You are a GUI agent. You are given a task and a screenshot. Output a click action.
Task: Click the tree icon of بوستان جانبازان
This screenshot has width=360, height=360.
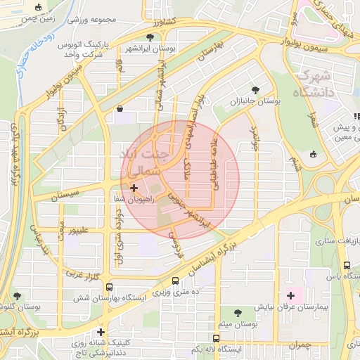(255, 90)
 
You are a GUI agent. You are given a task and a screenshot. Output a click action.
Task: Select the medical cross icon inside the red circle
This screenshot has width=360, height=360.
(134, 188)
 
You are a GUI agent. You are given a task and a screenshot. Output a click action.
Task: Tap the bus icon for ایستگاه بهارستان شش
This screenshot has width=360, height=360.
(109, 288)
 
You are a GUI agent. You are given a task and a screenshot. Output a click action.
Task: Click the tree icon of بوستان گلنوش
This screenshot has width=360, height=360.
(17, 295)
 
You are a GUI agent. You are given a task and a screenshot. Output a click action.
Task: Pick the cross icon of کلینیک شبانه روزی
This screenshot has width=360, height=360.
(101, 332)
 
